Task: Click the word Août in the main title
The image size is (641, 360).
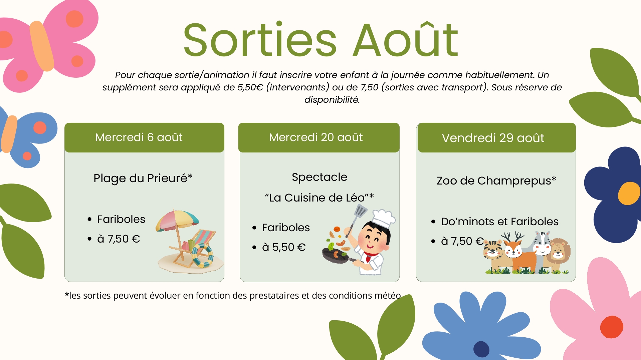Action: [x=406, y=39]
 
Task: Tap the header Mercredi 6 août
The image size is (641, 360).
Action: [x=139, y=137]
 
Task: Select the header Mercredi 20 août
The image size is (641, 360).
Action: [x=316, y=137]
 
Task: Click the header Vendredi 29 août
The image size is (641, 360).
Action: [x=493, y=138]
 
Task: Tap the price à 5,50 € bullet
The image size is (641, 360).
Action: [x=284, y=247]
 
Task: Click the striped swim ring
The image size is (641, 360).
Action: [x=203, y=255]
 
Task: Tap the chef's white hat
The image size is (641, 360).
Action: [x=384, y=218]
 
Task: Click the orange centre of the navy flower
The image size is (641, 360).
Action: [x=629, y=193]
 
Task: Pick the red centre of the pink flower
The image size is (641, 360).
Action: [x=612, y=327]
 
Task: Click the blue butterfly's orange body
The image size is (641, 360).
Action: [x=9, y=134]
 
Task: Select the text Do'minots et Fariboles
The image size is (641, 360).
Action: [x=499, y=221]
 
